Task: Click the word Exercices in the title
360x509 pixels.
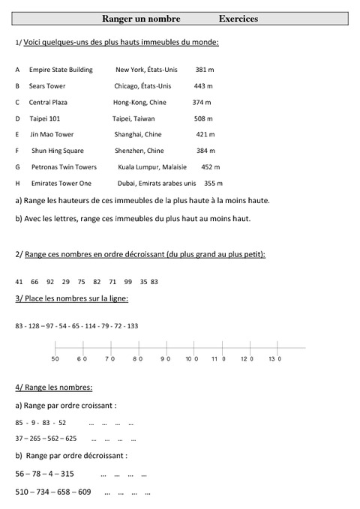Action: click(238, 19)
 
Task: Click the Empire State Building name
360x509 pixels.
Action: click(61, 70)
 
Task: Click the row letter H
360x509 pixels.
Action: click(17, 183)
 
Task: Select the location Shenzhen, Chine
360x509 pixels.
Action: click(139, 151)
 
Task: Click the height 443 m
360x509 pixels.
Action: click(204, 86)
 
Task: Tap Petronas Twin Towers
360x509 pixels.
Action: click(64, 167)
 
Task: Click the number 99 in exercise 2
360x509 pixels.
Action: click(128, 282)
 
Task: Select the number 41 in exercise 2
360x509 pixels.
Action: click(19, 282)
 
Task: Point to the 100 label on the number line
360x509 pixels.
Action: click(191, 360)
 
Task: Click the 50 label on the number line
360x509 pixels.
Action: click(55, 360)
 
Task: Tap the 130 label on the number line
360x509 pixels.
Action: click(274, 360)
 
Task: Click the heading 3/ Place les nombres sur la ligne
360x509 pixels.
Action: click(71, 299)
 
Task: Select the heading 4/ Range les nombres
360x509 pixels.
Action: click(53, 388)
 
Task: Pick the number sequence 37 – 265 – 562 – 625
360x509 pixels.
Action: click(46, 438)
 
